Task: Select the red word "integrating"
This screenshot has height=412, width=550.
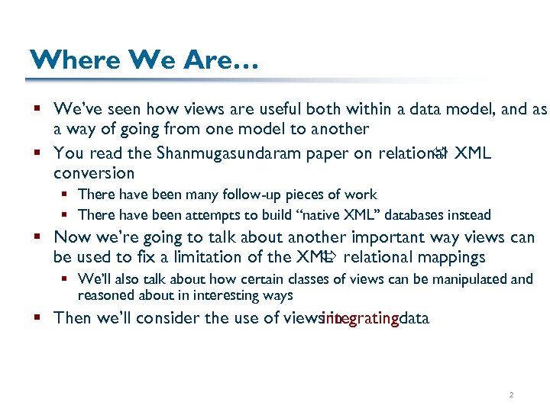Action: pyautogui.click(x=361, y=318)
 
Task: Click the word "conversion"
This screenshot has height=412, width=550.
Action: pyautogui.click(x=94, y=173)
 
